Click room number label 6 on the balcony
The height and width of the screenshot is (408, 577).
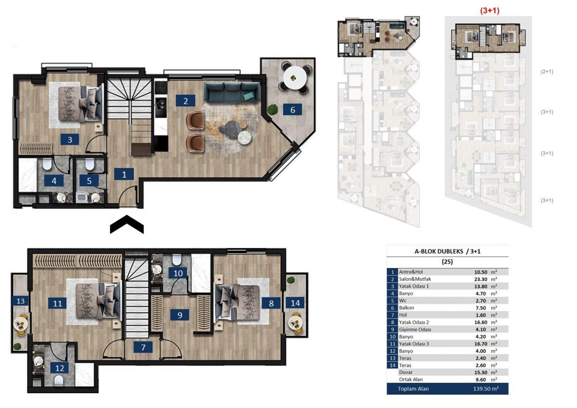click(x=292, y=110)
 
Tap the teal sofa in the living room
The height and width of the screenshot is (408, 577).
click(x=232, y=92)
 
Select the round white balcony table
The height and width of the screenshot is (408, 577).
click(x=295, y=77)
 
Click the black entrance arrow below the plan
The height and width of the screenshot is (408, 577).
click(x=127, y=224)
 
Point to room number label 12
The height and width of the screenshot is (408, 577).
click(x=60, y=368)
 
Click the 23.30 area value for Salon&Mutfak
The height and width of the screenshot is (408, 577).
click(x=481, y=279)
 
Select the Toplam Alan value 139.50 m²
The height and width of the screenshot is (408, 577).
click(x=486, y=389)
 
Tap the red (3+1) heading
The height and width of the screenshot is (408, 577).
click(x=489, y=11)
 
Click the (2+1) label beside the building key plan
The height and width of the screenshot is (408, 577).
click(x=547, y=71)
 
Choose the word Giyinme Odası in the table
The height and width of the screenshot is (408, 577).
click(x=415, y=330)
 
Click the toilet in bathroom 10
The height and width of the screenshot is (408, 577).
click(x=177, y=259)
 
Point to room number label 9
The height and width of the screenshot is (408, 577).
click(x=180, y=315)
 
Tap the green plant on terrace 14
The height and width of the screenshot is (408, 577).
click(x=291, y=280)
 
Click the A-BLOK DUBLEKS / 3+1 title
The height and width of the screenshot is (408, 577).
click(x=448, y=251)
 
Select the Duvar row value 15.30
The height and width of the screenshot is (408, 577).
click(x=481, y=372)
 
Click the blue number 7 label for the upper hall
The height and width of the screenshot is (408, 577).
click(x=143, y=347)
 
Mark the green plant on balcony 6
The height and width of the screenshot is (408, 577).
click(x=272, y=110)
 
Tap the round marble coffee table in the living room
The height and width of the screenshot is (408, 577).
click(x=244, y=138)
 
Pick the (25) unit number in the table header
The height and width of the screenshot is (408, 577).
click(x=447, y=262)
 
